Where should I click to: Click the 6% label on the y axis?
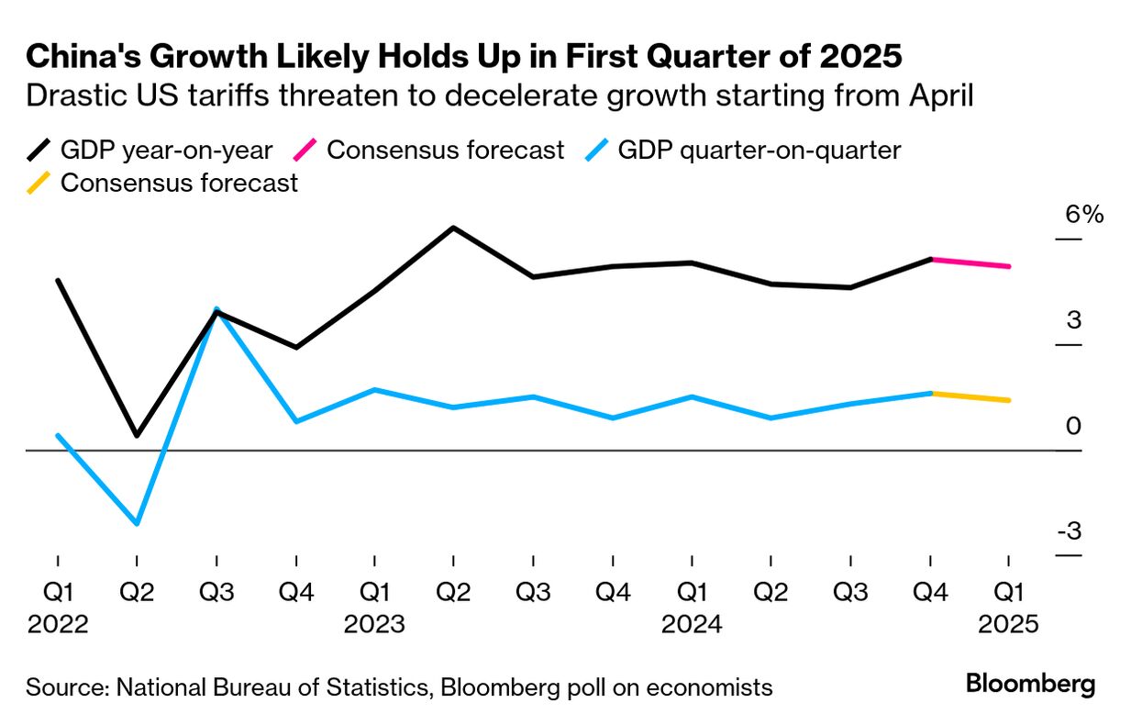click(x=1084, y=216)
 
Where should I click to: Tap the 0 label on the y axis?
click(x=1073, y=427)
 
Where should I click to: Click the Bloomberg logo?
click(x=1030, y=685)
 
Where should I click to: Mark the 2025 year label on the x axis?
click(x=1009, y=625)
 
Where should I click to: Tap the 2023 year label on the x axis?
click(x=374, y=625)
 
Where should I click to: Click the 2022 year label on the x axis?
click(x=58, y=625)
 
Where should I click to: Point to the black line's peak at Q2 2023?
click(x=453, y=228)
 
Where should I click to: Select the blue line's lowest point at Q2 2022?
click(x=137, y=523)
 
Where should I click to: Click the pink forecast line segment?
click(x=970, y=263)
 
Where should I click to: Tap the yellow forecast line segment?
click(x=970, y=396)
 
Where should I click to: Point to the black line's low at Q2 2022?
click(x=137, y=435)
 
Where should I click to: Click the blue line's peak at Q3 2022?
click(x=216, y=308)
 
